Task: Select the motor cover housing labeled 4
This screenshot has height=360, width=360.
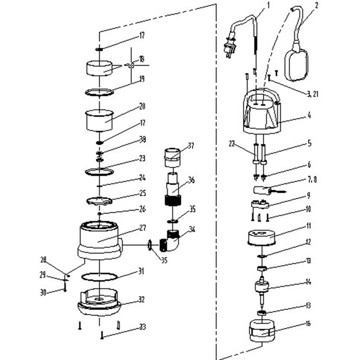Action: click(262, 113)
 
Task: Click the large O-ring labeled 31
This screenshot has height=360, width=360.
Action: click(99, 276)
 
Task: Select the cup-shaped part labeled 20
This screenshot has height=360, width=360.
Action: click(98, 119)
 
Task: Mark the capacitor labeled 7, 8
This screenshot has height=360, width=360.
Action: click(263, 190)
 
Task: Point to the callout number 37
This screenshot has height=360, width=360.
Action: click(191, 145)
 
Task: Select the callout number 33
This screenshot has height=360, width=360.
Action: click(142, 327)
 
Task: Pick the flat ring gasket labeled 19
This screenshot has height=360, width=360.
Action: click(99, 92)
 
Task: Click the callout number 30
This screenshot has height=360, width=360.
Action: click(43, 292)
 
